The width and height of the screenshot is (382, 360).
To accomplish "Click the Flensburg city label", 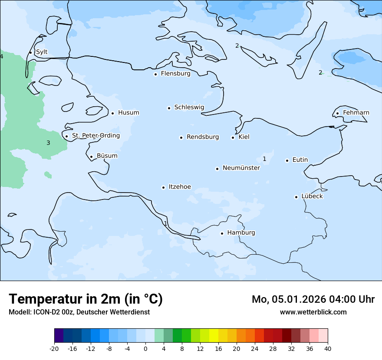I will (x=175, y=74).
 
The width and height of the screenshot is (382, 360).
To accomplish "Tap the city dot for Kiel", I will (x=233, y=137).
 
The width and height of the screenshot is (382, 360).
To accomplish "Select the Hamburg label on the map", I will (x=241, y=233).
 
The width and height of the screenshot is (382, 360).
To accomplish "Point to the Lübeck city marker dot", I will (x=296, y=197).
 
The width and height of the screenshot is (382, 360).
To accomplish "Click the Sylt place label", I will (x=42, y=52).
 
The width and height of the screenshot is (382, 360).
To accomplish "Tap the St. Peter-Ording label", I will (x=95, y=136).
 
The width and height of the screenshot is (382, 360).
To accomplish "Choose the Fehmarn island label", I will (x=356, y=113).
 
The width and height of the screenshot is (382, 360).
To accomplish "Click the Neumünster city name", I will (x=241, y=168).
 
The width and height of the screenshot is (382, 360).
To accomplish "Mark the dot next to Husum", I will (x=112, y=113).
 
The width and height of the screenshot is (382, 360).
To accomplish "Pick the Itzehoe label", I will (x=180, y=187).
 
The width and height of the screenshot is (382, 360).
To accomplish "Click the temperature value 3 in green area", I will (x=48, y=143).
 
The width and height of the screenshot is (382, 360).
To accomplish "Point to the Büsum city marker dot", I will (x=91, y=157).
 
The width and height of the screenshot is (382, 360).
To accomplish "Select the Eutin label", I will (x=300, y=160).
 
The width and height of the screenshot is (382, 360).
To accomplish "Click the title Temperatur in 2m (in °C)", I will (x=86, y=299).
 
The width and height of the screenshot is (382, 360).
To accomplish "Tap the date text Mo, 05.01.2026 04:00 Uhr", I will (x=313, y=299).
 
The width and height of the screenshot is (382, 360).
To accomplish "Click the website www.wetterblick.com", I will (x=313, y=312).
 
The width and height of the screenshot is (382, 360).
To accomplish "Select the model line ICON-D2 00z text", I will (x=79, y=312).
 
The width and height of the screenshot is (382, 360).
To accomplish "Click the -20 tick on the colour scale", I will (x=54, y=349).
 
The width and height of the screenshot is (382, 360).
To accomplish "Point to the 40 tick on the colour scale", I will (x=328, y=349).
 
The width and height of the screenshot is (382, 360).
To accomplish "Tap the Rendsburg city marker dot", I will (x=181, y=137).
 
